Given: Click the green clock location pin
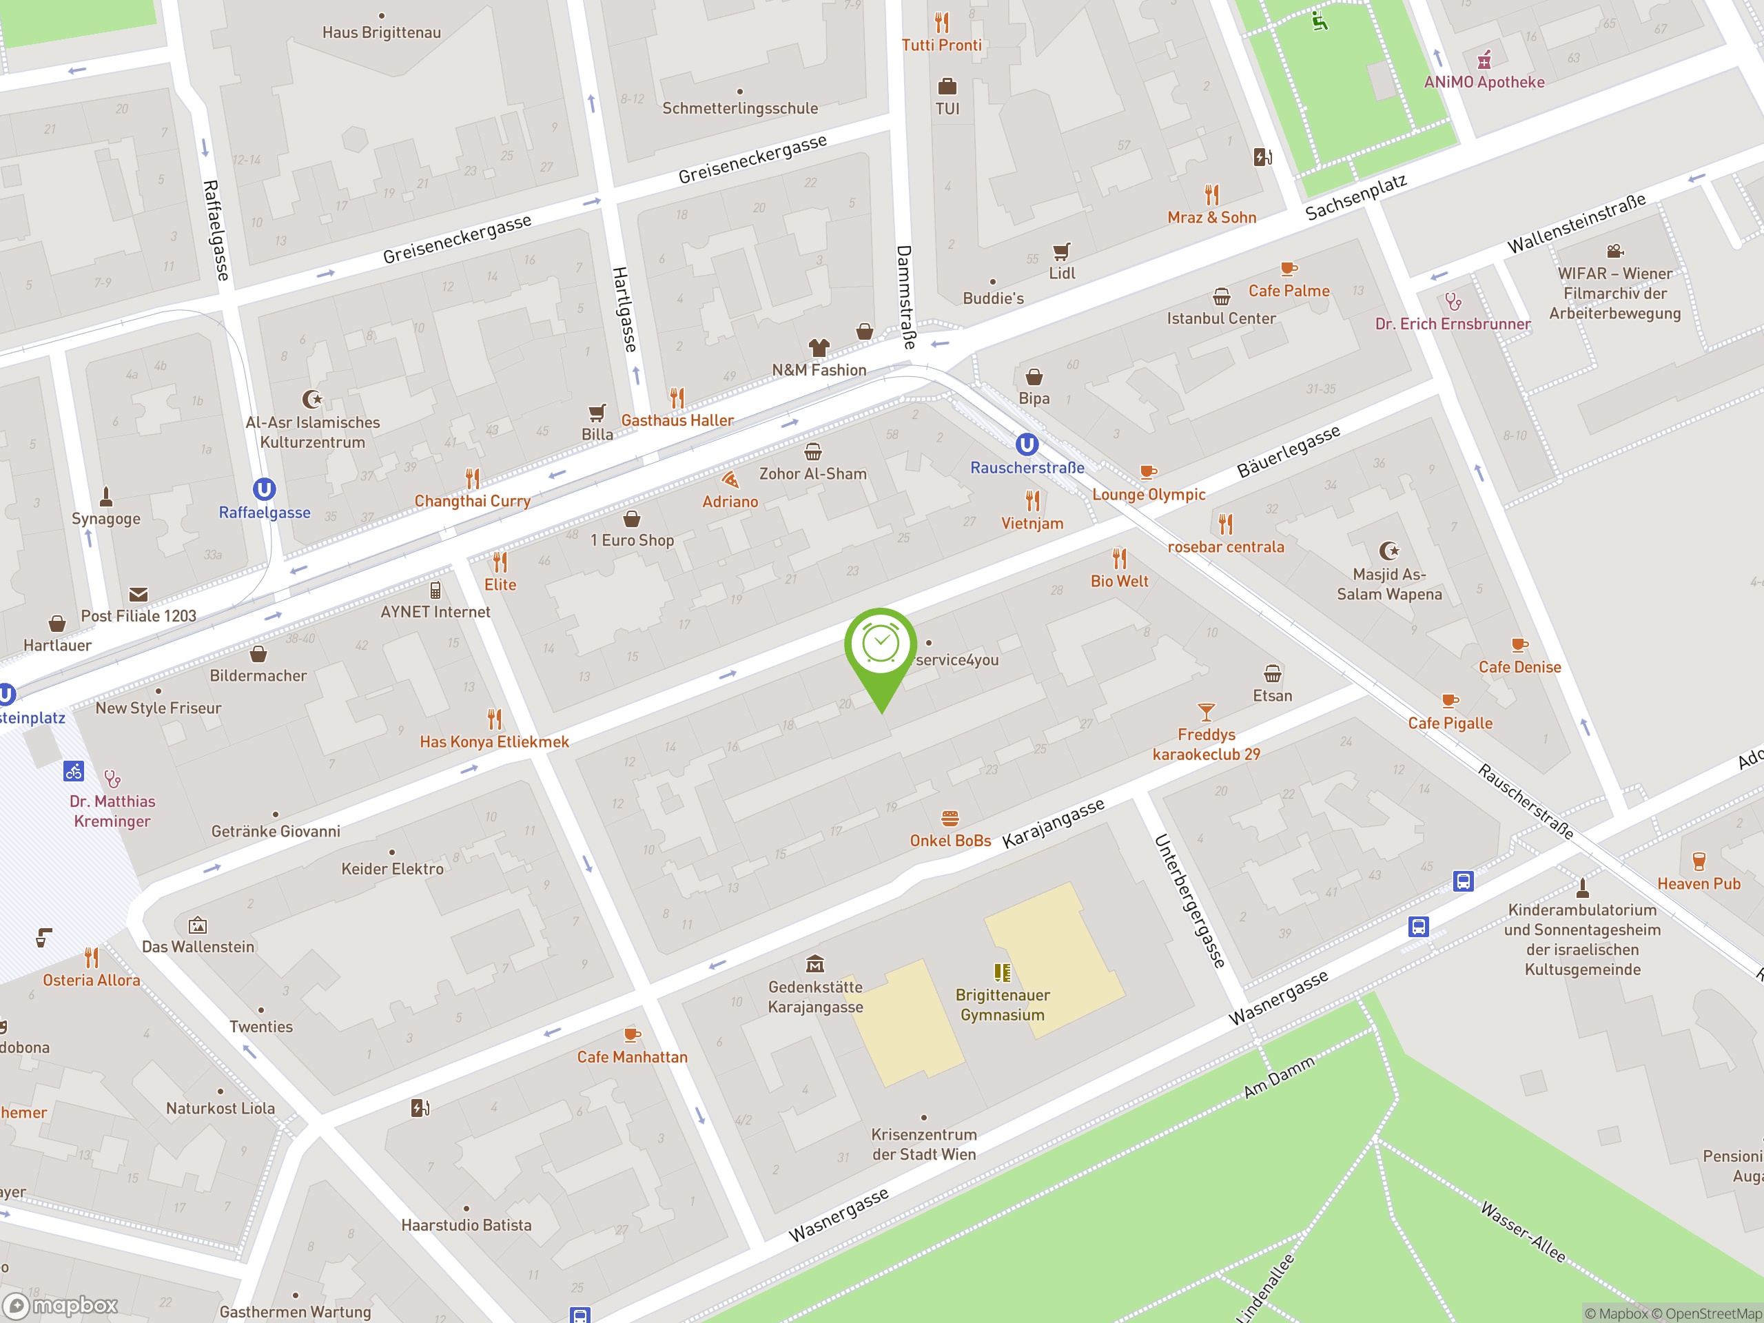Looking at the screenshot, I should tap(881, 645).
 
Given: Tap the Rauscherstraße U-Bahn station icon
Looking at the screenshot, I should tap(1026, 444).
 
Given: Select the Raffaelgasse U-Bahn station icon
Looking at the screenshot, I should tap(264, 489).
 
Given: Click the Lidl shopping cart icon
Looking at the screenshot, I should tap(1060, 252).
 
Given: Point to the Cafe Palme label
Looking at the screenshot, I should tap(1289, 291).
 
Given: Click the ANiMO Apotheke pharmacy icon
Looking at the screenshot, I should tap(1484, 60).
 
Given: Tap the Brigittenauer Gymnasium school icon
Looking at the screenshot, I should tap(1002, 972).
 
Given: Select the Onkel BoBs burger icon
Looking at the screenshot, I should tap(949, 818).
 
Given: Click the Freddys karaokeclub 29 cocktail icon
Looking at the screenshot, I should tap(1206, 711).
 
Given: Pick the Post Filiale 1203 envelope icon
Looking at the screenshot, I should tap(138, 594).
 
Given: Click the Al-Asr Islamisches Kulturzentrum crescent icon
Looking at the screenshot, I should tap(312, 399).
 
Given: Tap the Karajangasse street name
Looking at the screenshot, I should tap(1053, 823).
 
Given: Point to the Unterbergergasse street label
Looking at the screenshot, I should tap(1189, 901).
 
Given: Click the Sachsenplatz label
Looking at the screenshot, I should tap(1355, 197).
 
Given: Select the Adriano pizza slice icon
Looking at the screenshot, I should tap(730, 480).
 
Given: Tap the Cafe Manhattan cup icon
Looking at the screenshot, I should tap(632, 1034).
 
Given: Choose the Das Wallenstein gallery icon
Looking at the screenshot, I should tap(198, 925).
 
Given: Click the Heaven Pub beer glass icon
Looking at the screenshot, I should tap(1699, 861).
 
